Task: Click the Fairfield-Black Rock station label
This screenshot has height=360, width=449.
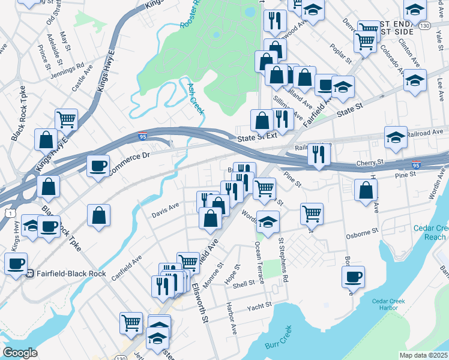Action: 70,274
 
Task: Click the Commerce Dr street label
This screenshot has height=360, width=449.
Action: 128,157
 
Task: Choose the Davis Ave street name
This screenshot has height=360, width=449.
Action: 166,209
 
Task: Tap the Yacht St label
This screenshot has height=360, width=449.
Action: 259,308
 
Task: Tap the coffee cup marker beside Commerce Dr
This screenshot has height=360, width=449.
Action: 98,166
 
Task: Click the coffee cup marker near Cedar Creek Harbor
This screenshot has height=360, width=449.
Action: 353,277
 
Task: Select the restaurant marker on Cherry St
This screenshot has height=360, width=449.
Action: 318,154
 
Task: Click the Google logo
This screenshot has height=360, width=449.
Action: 20,352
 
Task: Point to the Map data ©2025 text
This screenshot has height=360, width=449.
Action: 424,355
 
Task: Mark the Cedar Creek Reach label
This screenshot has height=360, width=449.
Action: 430,233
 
